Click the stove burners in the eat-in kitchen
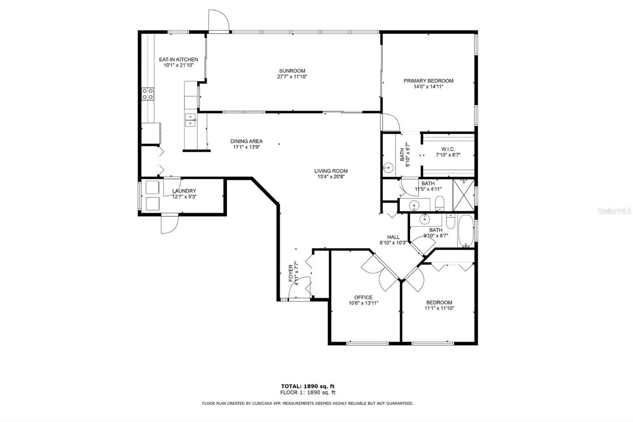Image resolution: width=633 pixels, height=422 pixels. coord(148,94)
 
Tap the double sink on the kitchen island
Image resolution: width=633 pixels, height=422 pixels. coord(190,120)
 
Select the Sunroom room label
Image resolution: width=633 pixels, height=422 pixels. coord(292,71)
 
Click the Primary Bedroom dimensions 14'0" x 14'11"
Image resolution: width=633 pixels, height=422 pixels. coord(428,87)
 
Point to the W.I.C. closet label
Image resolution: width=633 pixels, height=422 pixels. coord(448,149)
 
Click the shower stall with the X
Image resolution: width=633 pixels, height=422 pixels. coord(464,195)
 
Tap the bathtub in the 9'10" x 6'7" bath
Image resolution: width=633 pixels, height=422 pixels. coord(466,231)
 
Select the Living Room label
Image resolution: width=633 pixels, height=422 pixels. coord(331,171)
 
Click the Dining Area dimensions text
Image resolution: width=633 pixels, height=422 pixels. coord(246,147)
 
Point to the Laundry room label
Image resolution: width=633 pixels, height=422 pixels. coord(184,191)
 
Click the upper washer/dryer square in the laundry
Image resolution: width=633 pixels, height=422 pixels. coord(152,187)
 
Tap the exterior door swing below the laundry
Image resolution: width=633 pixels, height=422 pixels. coord(170,224)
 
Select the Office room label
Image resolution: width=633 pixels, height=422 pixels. coord(364,297)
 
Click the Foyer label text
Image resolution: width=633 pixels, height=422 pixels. coord(291,273)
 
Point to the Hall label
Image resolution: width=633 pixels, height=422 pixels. coord(393,237)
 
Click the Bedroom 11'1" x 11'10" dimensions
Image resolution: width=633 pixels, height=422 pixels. coord(439,308)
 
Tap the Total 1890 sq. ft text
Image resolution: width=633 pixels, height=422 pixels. coord(308,386)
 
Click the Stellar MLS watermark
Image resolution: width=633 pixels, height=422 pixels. coord(615,211)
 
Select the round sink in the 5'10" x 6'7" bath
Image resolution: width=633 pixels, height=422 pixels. coord(389,168)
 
